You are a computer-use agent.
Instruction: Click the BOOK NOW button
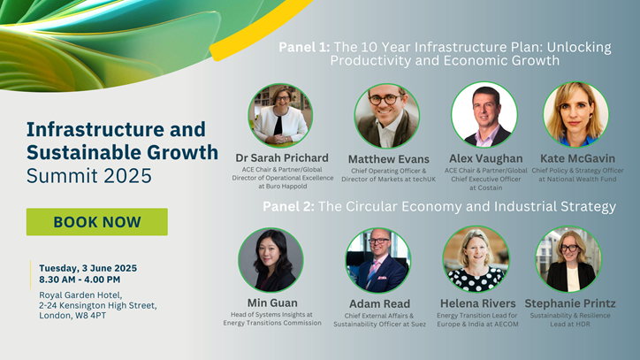[97, 222]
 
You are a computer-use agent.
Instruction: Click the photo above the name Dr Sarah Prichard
[280, 116]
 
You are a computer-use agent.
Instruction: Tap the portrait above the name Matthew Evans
[387, 116]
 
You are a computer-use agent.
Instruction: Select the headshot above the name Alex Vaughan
[484, 114]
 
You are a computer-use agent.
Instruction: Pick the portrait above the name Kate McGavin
[576, 114]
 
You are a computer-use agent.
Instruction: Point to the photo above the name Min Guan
[270, 260]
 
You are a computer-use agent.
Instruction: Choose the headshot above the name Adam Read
[378, 260]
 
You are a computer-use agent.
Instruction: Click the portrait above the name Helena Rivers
[476, 259]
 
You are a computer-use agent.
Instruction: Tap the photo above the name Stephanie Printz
[568, 259]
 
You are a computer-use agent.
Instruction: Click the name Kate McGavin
[577, 158]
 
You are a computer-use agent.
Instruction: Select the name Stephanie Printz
[570, 303]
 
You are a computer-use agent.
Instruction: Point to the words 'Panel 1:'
[304, 48]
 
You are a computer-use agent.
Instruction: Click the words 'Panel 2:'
[288, 207]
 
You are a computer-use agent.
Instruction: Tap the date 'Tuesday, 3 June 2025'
[88, 269]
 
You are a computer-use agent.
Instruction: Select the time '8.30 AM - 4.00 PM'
[80, 280]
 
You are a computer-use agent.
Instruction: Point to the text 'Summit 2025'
[89, 176]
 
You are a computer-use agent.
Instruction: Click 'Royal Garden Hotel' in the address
[80, 295]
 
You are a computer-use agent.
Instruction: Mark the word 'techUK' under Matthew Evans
[423, 180]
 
